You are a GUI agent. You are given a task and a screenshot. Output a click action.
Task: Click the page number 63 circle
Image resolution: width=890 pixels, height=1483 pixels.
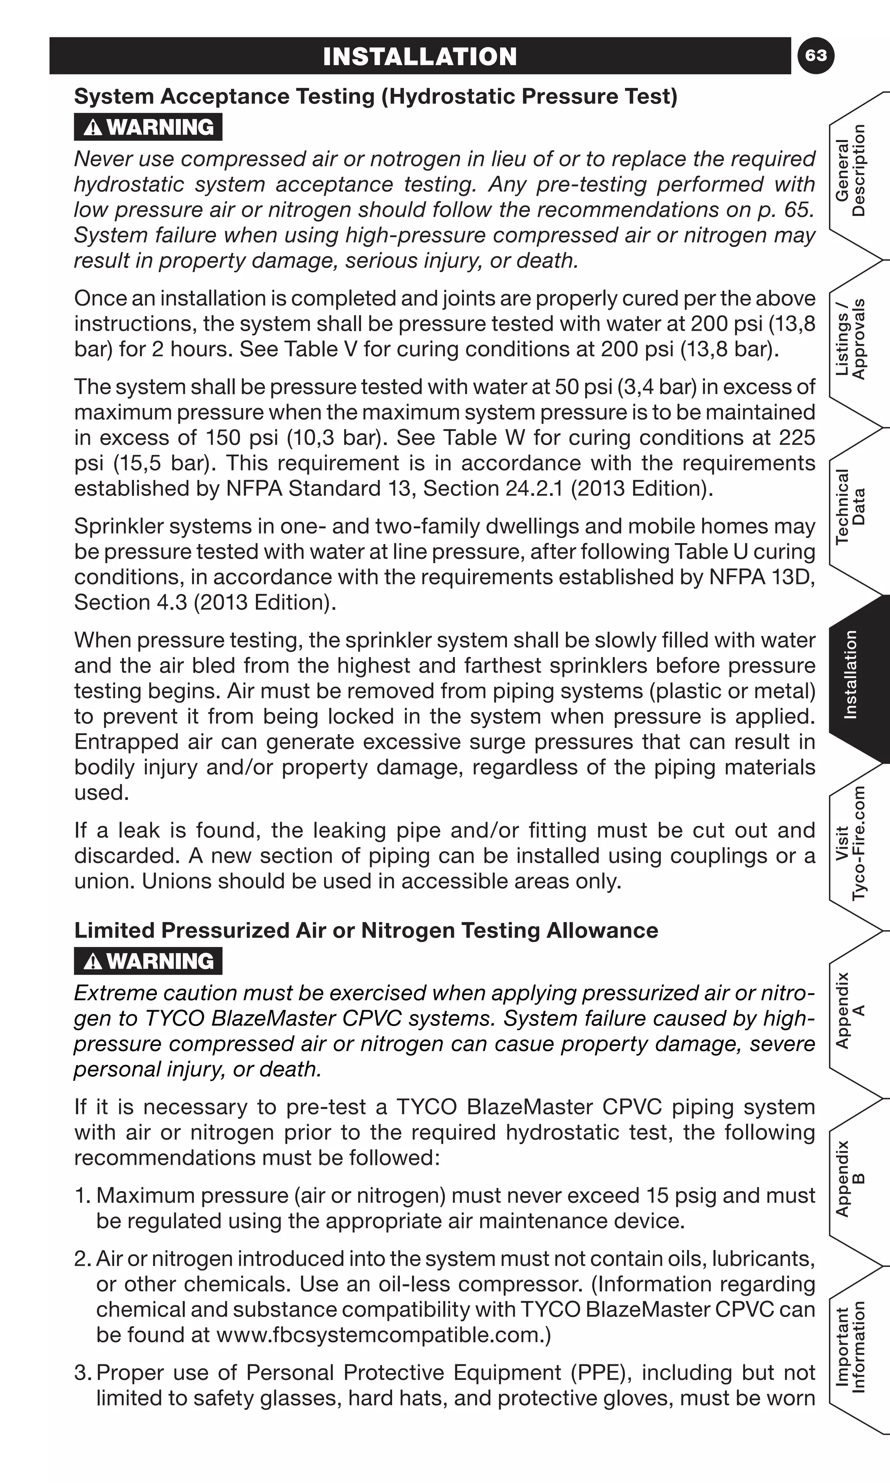816,56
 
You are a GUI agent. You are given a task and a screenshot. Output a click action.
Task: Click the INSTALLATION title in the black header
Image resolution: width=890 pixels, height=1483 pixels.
420,56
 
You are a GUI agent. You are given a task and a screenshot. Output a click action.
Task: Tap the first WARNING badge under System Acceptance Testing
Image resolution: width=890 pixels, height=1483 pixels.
148,127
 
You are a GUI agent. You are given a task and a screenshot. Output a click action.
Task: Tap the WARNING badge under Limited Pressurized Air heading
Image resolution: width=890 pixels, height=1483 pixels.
148,961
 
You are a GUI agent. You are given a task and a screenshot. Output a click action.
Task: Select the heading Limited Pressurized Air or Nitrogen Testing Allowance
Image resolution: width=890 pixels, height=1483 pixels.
366,930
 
